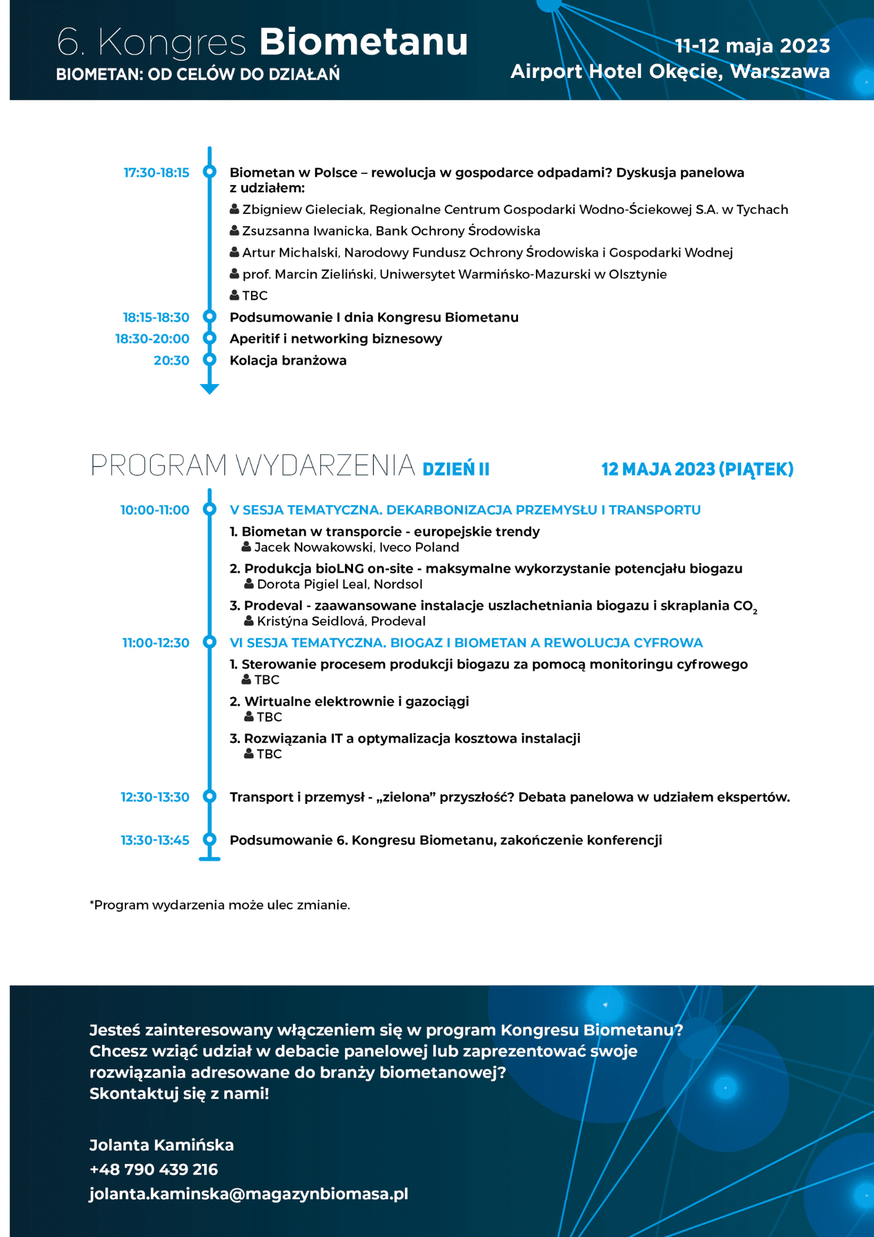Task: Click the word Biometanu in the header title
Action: (x=363, y=42)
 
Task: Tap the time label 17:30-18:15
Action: (x=156, y=173)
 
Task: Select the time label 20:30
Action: (x=171, y=361)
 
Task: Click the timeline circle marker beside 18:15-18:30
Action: (x=210, y=317)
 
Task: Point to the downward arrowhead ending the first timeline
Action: (x=210, y=388)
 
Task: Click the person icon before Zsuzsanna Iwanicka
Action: (x=234, y=231)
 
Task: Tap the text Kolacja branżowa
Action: (x=288, y=361)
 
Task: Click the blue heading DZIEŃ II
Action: (x=456, y=469)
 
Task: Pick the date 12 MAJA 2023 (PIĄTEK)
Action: (x=697, y=469)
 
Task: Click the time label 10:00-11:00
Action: (x=155, y=510)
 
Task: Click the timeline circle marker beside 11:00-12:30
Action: (x=210, y=642)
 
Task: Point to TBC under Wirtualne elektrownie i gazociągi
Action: (x=269, y=717)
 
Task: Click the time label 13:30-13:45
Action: (x=155, y=840)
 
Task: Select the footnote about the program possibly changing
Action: (x=220, y=905)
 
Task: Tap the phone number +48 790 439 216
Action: (x=154, y=1169)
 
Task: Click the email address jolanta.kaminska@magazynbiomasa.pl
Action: (x=248, y=1194)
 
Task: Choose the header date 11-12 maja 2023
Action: (x=752, y=46)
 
